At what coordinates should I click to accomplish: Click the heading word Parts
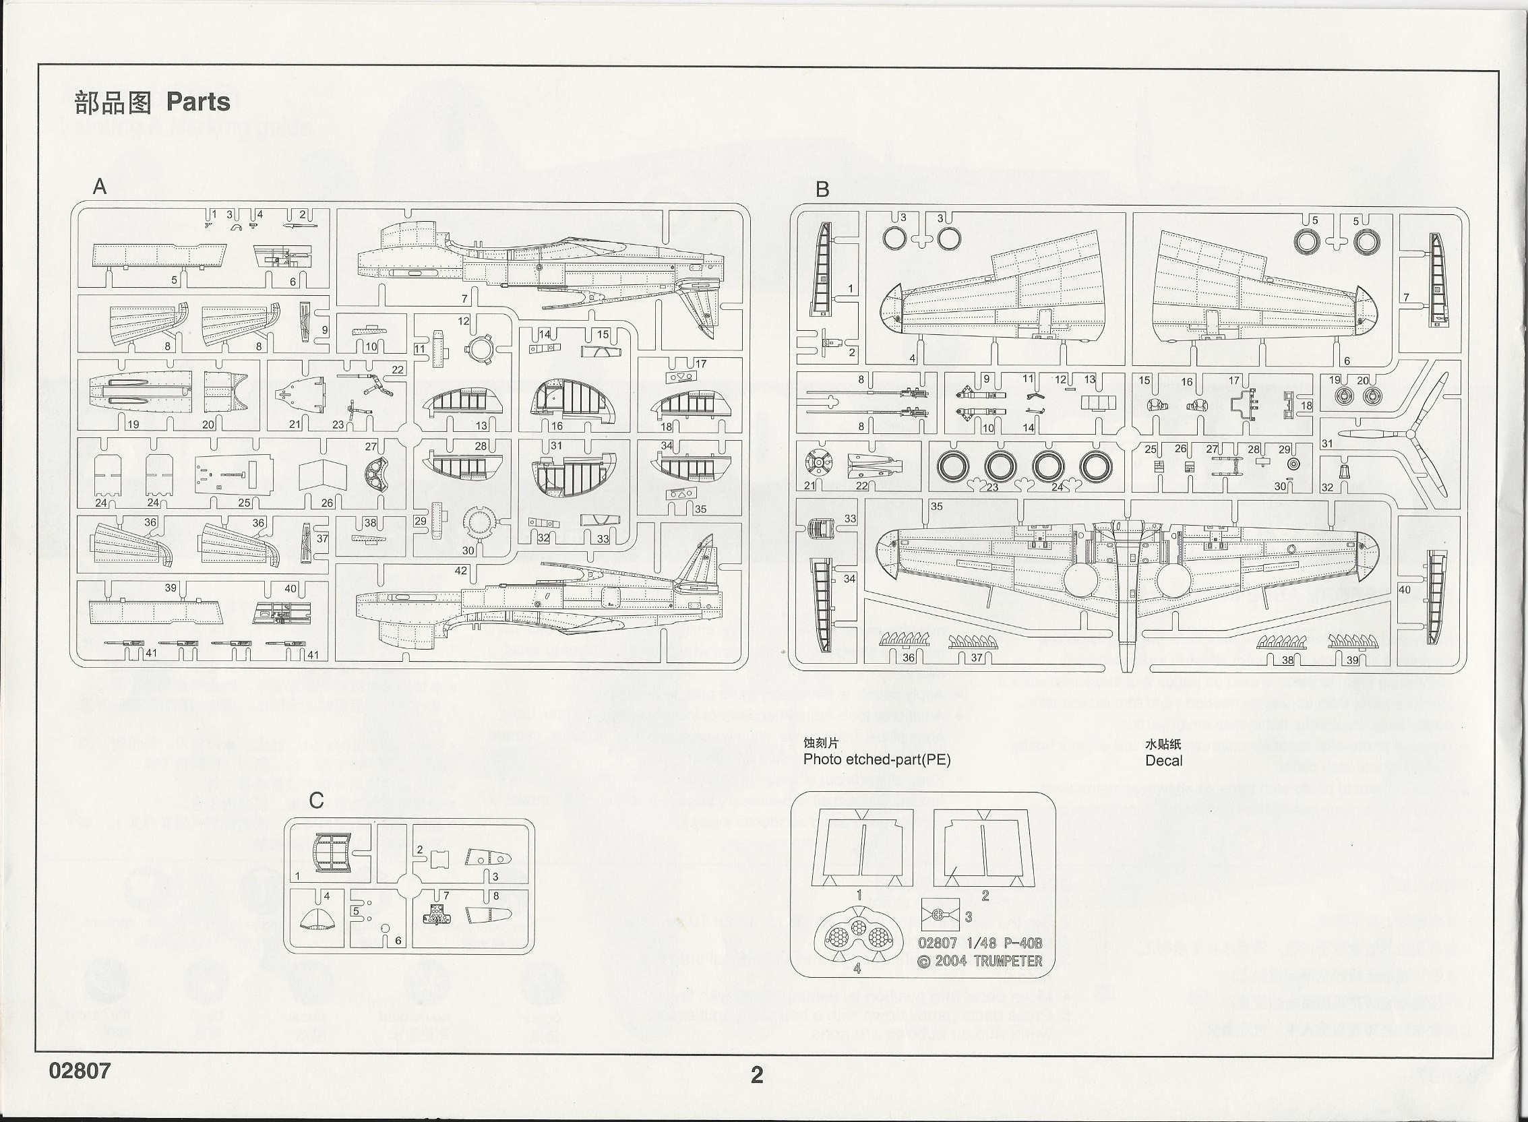(197, 102)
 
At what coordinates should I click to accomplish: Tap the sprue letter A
(99, 187)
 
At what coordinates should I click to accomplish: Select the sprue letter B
(822, 189)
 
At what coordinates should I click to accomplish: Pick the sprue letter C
(316, 801)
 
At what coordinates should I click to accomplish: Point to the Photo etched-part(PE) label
(876, 759)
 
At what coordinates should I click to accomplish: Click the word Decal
(1163, 761)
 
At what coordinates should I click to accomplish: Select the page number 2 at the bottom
(756, 1073)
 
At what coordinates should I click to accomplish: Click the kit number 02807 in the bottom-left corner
(80, 1070)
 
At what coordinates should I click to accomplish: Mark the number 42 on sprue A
(460, 571)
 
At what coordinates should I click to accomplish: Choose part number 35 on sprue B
(936, 506)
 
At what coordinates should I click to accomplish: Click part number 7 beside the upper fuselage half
(464, 298)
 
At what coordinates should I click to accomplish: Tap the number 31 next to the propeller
(1327, 443)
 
